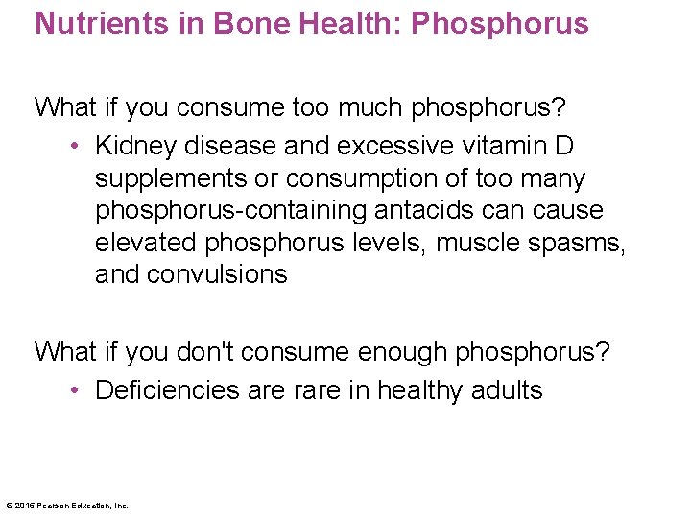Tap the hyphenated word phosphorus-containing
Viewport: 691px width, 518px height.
[226, 210]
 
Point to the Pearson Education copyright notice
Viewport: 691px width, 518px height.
[67, 506]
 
